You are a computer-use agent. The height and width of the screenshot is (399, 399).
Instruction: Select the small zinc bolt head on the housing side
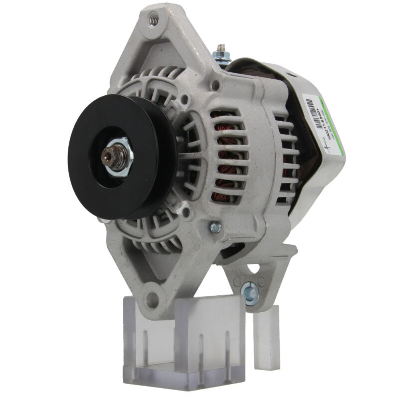pyautogui.click(x=216, y=227)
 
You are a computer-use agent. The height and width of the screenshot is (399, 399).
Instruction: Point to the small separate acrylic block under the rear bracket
pyautogui.click(x=266, y=337)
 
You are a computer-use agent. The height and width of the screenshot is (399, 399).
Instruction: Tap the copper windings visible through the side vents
pyautogui.click(x=229, y=160)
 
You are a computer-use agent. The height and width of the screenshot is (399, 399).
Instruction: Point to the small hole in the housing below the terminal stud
pyautogui.click(x=215, y=85)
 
